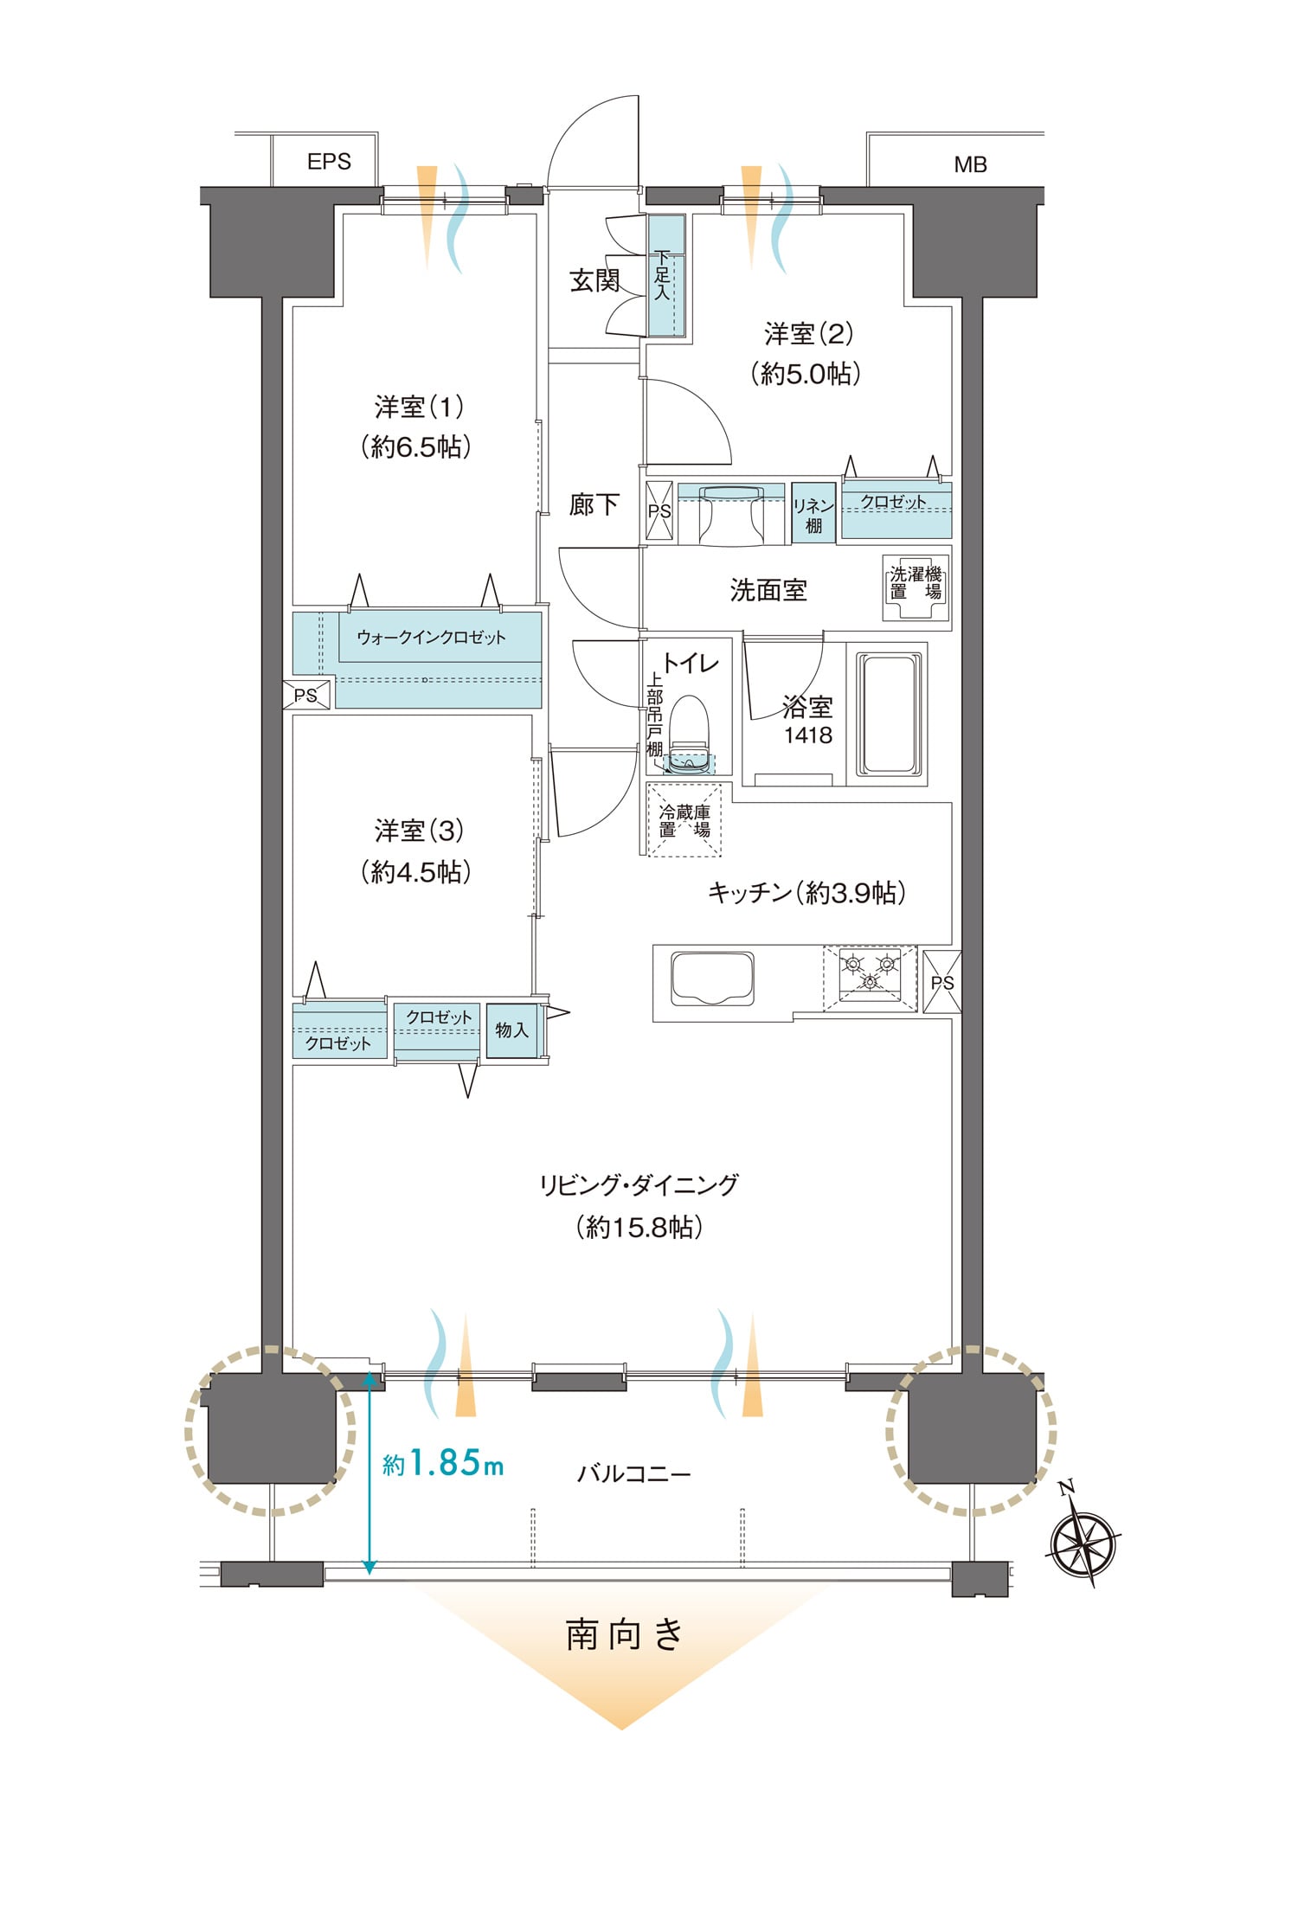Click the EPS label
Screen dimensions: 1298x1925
coord(329,162)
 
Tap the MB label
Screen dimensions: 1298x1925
coord(970,164)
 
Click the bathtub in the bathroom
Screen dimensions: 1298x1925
coord(889,715)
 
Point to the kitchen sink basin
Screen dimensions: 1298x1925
coord(712,979)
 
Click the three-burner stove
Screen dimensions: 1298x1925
coord(870,977)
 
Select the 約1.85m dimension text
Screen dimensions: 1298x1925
coord(443,1463)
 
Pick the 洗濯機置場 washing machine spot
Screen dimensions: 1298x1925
coord(916,587)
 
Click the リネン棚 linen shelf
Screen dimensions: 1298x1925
coord(813,513)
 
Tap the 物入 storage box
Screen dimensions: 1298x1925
coord(511,1030)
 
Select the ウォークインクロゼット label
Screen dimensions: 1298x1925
coord(431,638)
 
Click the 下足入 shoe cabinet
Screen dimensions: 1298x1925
coord(666,275)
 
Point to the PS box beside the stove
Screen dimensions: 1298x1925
coord(942,981)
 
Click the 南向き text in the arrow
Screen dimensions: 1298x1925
coord(625,1634)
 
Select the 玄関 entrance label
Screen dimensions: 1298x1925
coord(594,280)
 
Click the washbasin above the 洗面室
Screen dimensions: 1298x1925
coord(731,513)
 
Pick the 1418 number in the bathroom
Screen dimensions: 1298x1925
coord(808,735)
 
